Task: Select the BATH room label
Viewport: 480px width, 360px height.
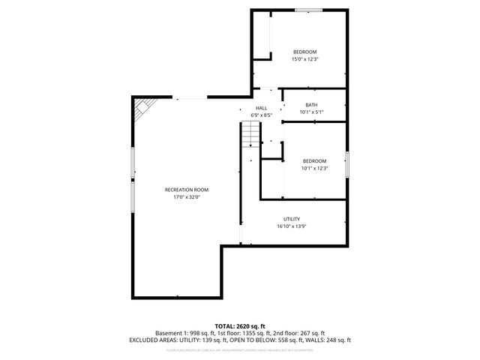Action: (311, 105)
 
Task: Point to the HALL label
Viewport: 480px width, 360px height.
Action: (261, 108)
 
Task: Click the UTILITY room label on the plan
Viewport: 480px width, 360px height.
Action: (292, 219)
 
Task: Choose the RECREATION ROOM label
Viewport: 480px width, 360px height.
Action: (187, 190)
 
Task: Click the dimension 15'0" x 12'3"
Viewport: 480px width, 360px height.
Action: (304, 59)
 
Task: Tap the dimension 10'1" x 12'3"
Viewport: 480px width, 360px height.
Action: (314, 168)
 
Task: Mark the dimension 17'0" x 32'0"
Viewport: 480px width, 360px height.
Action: (187, 197)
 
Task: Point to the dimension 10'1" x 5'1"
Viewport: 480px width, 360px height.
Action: (311, 112)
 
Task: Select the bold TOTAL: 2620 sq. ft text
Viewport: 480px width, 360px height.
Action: (240, 326)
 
